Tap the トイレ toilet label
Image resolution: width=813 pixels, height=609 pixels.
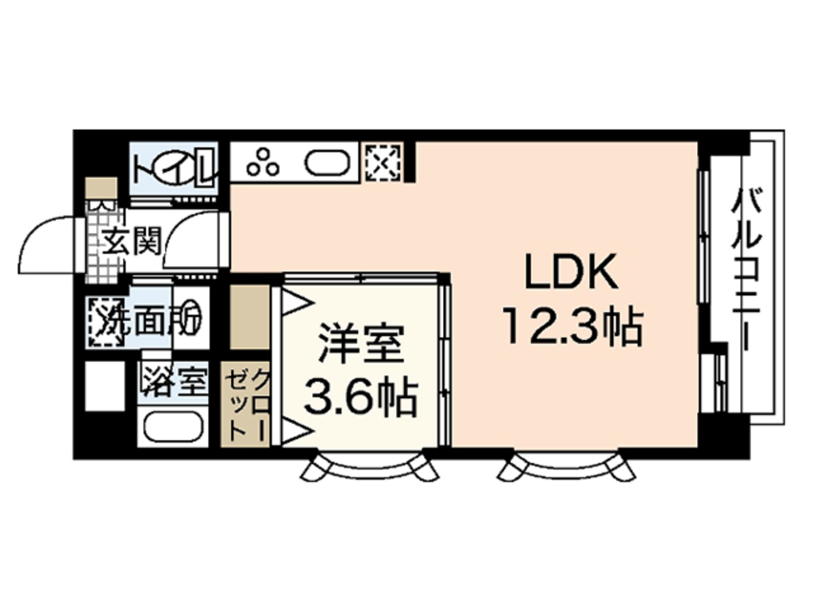(x=174, y=168)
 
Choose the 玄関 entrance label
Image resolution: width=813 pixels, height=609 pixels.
(x=133, y=239)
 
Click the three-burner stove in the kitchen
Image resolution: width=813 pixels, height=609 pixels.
(x=264, y=163)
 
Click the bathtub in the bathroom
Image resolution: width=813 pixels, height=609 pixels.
(x=173, y=427)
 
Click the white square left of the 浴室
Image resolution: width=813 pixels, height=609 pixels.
(x=105, y=386)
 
